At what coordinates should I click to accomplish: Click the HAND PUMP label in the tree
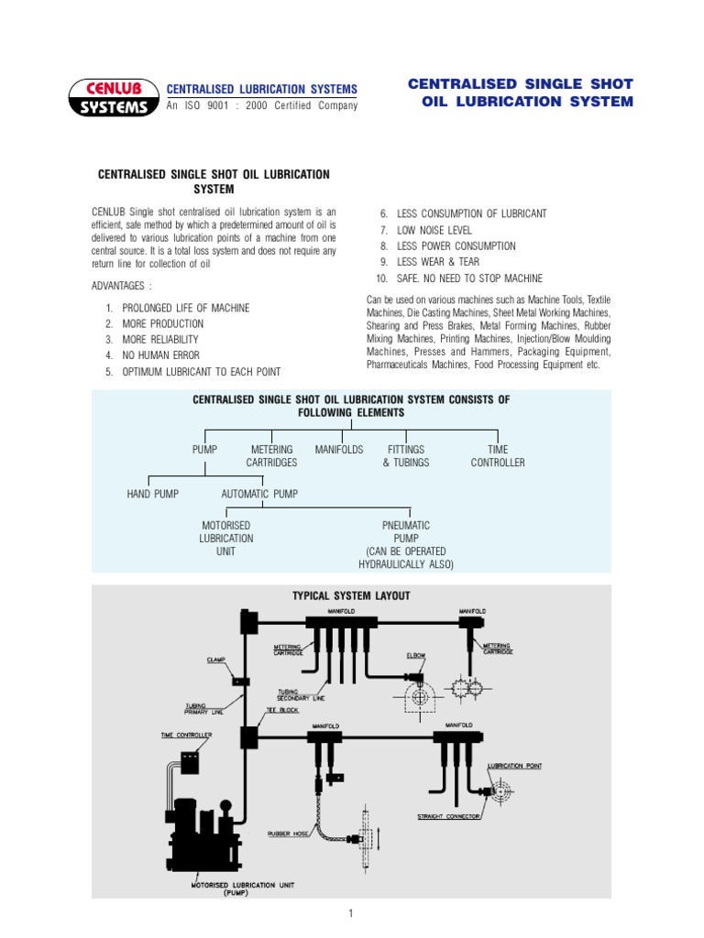152,494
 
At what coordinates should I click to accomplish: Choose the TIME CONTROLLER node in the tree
498,456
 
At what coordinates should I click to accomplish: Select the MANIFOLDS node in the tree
339,450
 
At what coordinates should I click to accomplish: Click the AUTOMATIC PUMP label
259,494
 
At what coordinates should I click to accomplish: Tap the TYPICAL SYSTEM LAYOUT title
351,595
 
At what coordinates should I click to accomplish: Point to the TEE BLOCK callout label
282,710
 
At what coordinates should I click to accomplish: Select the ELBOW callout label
416,656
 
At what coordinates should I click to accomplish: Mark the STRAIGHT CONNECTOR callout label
449,815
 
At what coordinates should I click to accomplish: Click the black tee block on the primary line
247,736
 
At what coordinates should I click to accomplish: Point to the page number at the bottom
351,913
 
